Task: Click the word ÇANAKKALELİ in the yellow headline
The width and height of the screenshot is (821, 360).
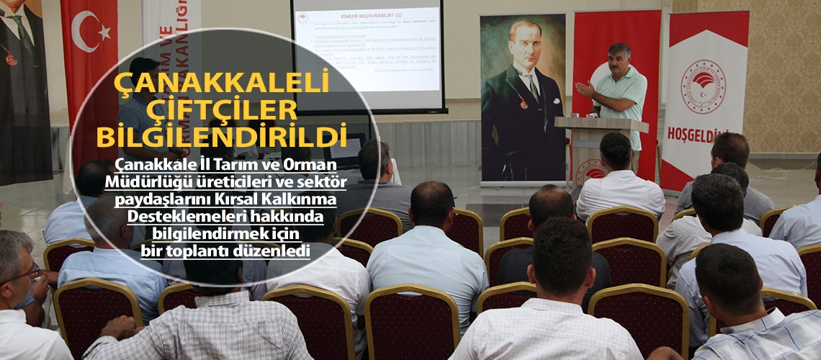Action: coord(222,81)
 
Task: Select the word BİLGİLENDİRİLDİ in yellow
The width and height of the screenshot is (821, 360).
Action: coord(222,135)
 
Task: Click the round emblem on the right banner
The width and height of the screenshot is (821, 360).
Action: coord(703,87)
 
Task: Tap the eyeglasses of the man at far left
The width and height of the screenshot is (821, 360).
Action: coord(22,274)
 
